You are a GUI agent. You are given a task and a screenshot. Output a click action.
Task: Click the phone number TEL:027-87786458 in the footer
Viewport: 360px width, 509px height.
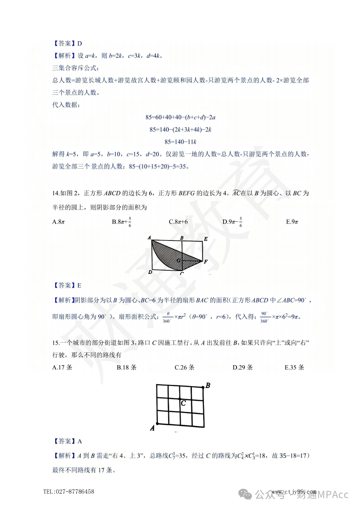pyautogui.click(x=69, y=492)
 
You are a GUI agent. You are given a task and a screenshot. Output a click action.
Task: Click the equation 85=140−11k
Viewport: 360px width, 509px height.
pyautogui.click(x=180, y=142)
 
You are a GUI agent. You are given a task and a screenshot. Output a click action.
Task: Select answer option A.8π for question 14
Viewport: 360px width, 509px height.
pyautogui.click(x=58, y=222)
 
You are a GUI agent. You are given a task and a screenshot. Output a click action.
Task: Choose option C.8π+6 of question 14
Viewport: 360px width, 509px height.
pyautogui.click(x=178, y=222)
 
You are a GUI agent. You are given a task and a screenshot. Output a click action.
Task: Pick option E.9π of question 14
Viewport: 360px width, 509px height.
pyautogui.click(x=292, y=222)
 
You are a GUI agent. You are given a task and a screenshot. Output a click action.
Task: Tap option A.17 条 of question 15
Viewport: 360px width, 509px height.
pyautogui.click(x=62, y=368)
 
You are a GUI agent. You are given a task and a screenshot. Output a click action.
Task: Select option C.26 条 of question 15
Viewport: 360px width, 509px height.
pyautogui.click(x=184, y=368)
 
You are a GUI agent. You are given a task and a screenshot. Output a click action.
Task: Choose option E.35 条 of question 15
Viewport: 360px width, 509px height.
pyautogui.click(x=294, y=368)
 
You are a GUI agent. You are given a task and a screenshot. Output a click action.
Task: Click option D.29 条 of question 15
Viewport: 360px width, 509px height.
pyautogui.click(x=242, y=368)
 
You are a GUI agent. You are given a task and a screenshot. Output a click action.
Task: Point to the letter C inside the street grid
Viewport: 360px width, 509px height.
pyautogui.click(x=183, y=403)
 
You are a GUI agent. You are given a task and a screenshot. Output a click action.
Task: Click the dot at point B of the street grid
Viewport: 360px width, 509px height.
pyautogui.click(x=203, y=388)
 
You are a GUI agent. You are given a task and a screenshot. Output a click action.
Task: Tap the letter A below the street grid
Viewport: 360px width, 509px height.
pyautogui.click(x=152, y=428)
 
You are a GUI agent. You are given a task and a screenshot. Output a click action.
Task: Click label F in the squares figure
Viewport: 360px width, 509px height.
pyautogui.click(x=206, y=262)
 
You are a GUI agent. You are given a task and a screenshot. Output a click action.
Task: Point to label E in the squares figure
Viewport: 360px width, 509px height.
pyautogui.click(x=206, y=239)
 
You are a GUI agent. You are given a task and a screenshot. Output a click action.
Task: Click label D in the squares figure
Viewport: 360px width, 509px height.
pyautogui.click(x=150, y=272)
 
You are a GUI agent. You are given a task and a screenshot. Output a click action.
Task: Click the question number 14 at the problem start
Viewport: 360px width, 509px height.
pyautogui.click(x=56, y=193)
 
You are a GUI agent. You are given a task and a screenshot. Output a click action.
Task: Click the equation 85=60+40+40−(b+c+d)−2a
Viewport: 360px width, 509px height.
pyautogui.click(x=180, y=117)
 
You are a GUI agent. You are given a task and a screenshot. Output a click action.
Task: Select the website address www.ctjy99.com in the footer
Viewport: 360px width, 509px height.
pyautogui.click(x=294, y=492)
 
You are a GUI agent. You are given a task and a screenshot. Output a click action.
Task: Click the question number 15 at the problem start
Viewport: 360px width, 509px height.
pyautogui.click(x=56, y=343)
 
